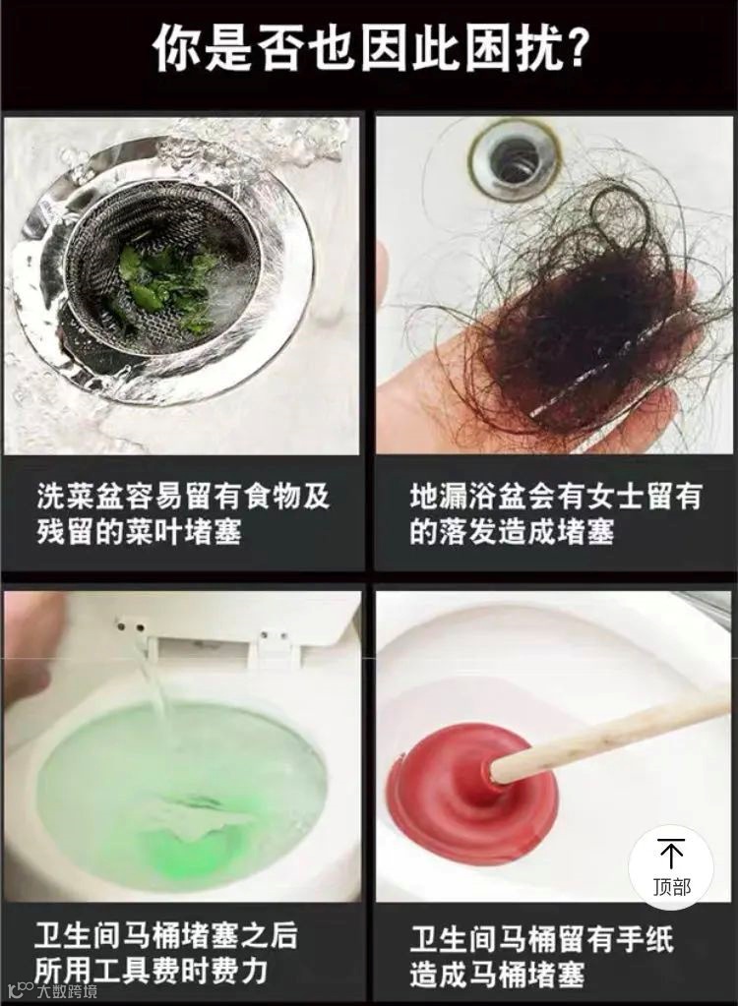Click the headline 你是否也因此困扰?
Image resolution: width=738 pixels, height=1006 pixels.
(369, 48)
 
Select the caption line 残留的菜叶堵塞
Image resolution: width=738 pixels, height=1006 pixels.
(139, 532)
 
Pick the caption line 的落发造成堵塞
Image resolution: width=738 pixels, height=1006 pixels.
(512, 532)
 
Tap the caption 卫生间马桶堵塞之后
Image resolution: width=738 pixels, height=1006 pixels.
(166, 936)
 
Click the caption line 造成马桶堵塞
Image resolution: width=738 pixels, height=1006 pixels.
(497, 974)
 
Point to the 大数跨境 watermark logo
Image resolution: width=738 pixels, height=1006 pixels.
(50, 990)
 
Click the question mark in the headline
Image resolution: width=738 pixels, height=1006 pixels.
(573, 49)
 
